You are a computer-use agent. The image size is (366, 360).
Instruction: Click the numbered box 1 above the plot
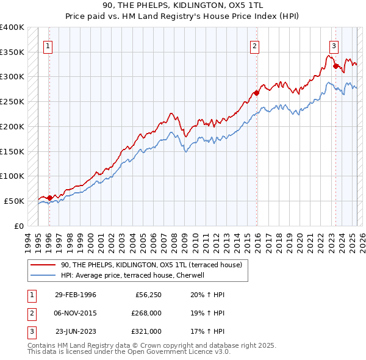click(48, 45)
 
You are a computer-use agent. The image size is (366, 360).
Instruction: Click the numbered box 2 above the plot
click(254, 45)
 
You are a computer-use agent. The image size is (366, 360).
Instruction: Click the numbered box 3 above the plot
click(334, 45)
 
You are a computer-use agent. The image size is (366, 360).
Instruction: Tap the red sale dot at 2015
click(257, 93)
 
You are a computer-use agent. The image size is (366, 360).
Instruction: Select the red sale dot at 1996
click(49, 198)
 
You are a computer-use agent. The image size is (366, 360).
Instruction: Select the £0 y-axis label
click(18, 226)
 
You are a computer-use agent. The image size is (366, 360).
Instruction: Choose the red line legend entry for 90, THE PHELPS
click(151, 265)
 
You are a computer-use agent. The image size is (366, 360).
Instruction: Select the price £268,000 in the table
click(146, 313)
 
